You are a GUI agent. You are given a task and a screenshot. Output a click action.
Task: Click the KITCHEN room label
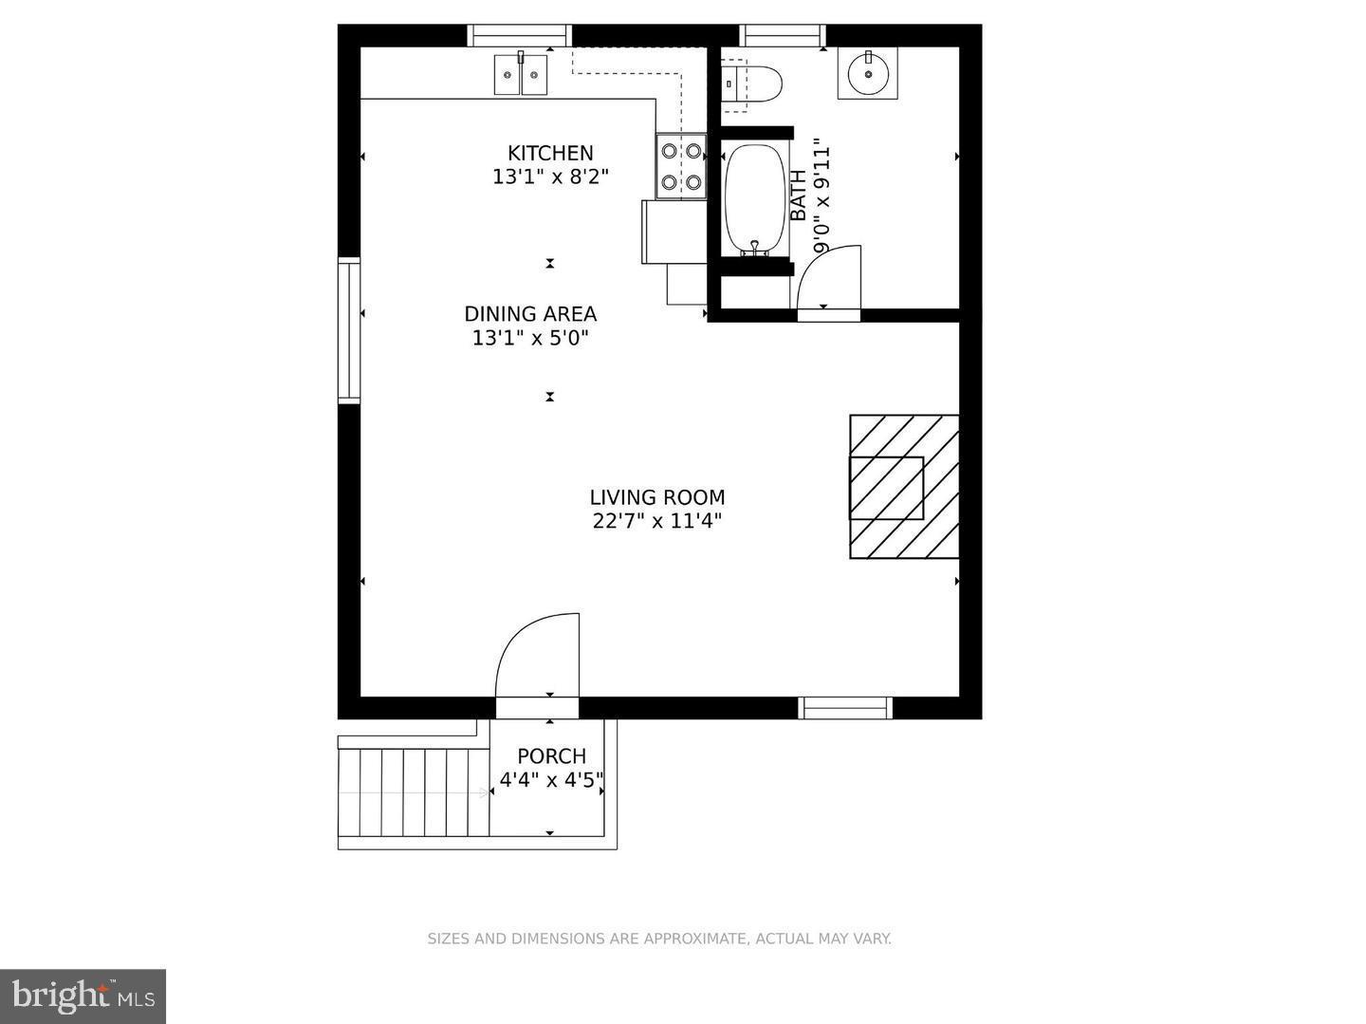coord(550,153)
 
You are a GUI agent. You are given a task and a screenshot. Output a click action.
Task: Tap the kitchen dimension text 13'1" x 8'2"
coord(550,177)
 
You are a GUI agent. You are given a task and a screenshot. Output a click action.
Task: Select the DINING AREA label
coord(530,314)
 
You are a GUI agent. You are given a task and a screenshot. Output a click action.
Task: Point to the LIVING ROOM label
coord(657,497)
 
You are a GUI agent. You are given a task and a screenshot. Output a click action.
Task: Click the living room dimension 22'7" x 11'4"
coord(657,520)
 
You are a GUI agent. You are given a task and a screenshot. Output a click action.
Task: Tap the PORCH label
coord(551,756)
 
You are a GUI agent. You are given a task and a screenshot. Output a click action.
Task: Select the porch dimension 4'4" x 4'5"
coord(551,781)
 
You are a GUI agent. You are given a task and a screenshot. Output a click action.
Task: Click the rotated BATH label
coord(798,195)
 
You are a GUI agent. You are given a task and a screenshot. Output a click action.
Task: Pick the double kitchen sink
coord(521,75)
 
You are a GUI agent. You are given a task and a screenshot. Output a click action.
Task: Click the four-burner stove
coord(681,166)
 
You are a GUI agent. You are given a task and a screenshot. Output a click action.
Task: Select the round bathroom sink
coord(867,74)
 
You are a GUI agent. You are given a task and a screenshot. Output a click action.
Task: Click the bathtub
coord(755,199)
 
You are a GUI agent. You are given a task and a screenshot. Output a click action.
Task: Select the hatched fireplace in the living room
coord(903,487)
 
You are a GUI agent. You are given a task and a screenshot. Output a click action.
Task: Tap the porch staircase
coord(414,792)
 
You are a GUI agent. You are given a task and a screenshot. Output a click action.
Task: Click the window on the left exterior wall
coord(349,329)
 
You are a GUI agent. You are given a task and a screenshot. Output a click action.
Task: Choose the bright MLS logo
coord(83,996)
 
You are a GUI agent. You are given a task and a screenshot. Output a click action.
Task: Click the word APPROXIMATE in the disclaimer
coord(695,939)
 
